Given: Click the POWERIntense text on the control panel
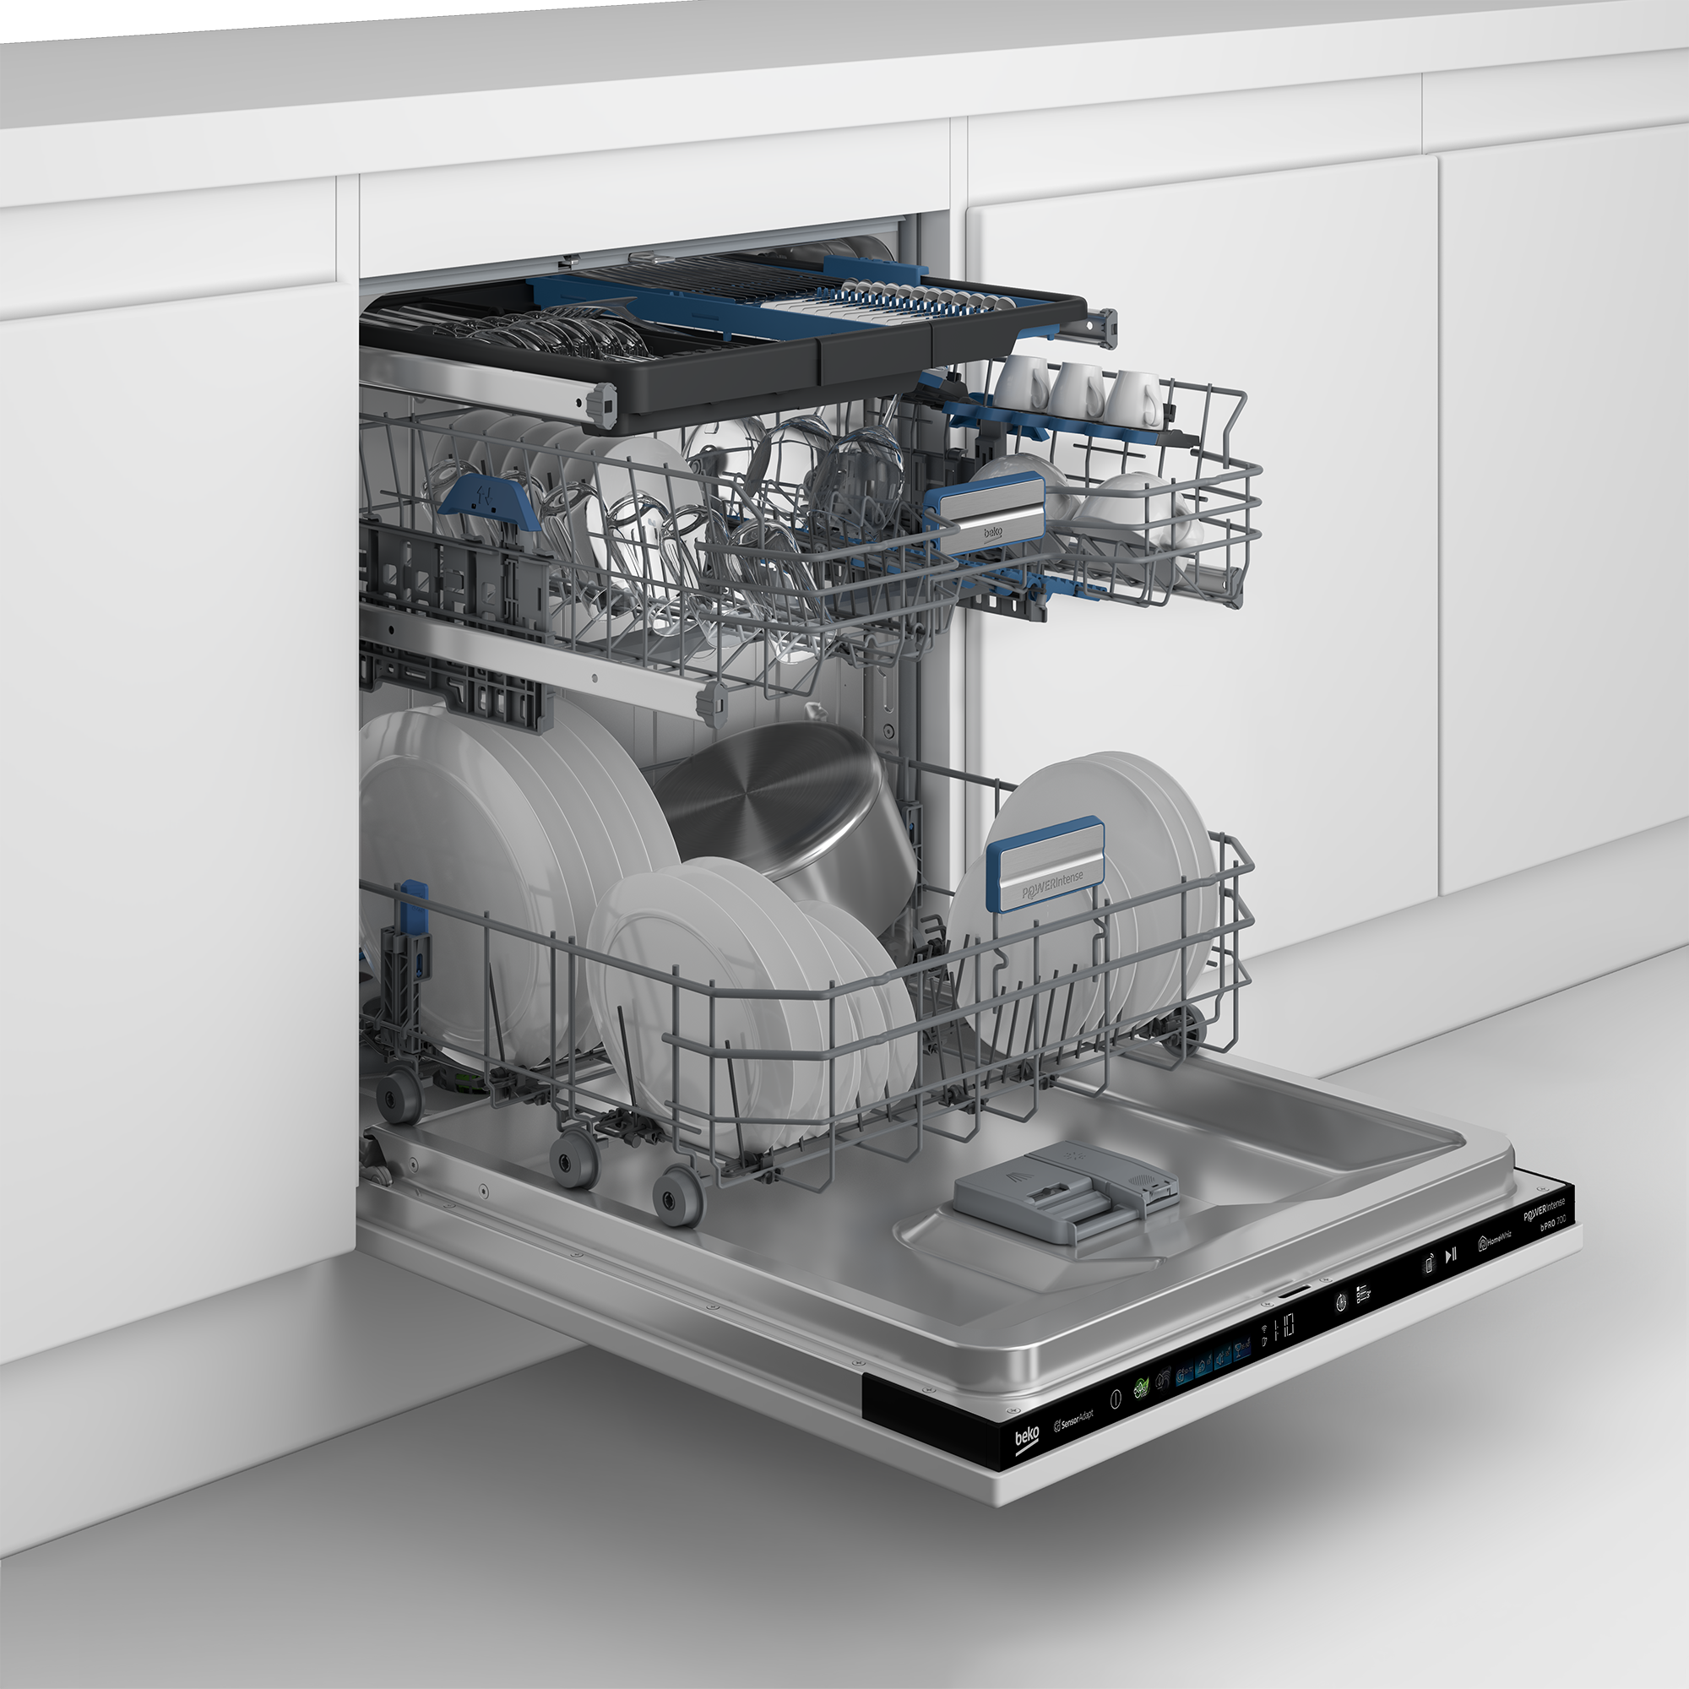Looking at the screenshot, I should (1545, 1211).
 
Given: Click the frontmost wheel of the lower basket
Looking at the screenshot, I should (678, 1198).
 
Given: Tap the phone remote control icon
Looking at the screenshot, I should (1429, 1264).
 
